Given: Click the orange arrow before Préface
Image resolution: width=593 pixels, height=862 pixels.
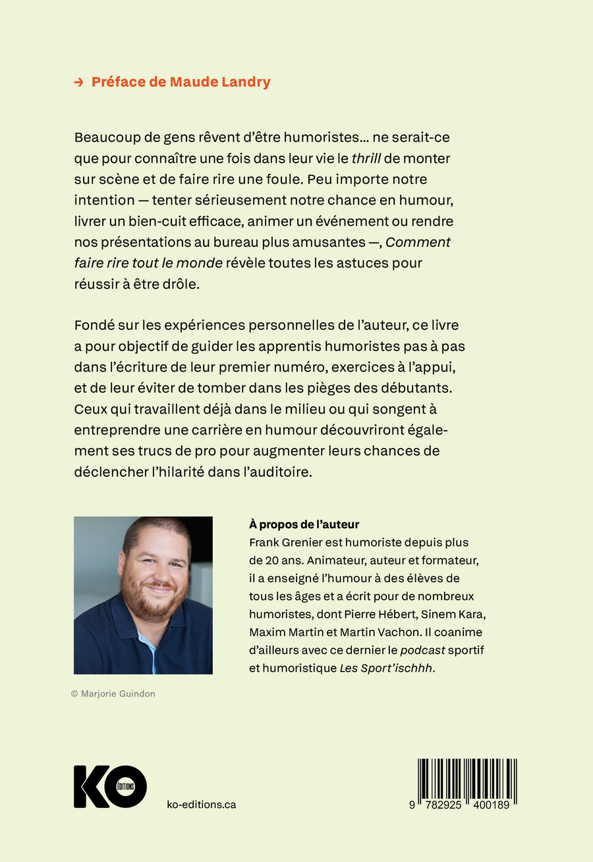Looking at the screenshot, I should (x=78, y=82).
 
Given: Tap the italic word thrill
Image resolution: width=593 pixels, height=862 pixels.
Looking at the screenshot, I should (x=367, y=159).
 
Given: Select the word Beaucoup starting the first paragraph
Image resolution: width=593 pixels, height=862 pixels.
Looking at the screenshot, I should (x=105, y=138).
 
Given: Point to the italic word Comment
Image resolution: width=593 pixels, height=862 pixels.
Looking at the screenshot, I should (x=418, y=242).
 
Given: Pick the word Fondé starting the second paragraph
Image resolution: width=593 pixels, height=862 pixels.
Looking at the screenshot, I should (x=94, y=325).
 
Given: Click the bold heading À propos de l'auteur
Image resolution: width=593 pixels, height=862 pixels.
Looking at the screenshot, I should (x=304, y=524).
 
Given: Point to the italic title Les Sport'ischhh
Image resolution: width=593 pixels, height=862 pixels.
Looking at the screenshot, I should (x=381, y=667).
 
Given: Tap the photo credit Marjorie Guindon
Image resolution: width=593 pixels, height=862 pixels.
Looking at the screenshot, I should (x=113, y=693).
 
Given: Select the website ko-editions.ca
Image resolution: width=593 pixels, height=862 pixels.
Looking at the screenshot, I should (x=202, y=805).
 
